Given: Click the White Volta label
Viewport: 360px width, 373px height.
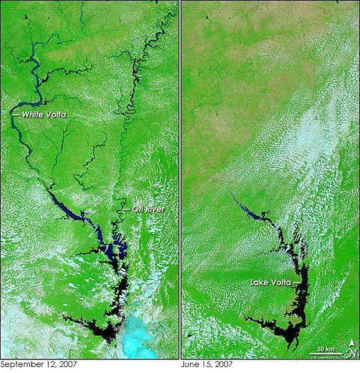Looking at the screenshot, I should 44,115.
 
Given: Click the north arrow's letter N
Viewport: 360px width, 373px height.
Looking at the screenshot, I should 351,354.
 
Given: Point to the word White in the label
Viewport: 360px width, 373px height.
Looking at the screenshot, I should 32,115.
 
